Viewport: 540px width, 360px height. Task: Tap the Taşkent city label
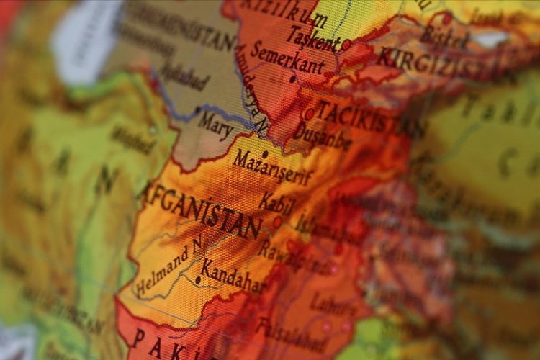(x=313, y=36)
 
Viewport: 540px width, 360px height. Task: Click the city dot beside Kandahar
(x=198, y=279)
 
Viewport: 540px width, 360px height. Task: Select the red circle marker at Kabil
(x=277, y=222)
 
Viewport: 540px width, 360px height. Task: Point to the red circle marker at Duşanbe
(x=309, y=114)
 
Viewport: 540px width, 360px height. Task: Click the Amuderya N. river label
(x=253, y=90)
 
